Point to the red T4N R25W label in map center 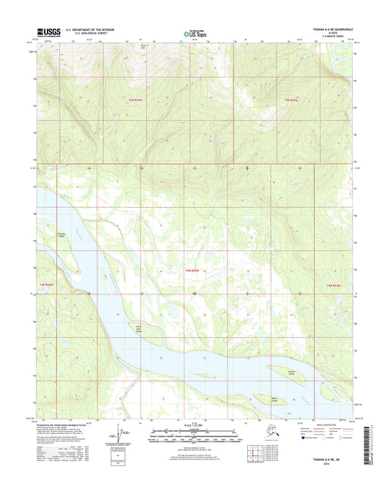[192, 271]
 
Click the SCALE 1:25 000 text [195, 425]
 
